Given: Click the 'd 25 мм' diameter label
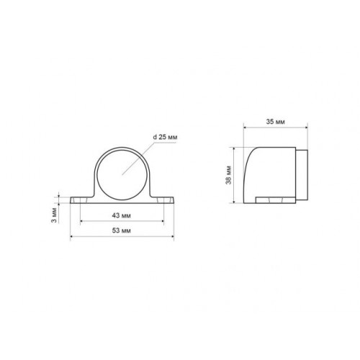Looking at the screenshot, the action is click(x=165, y=138).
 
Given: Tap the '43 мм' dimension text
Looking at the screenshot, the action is click(x=122, y=215).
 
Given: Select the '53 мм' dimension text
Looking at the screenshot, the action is click(x=122, y=230).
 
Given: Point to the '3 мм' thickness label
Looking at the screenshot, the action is click(x=55, y=215).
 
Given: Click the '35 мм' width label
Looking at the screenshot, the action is click(x=276, y=122).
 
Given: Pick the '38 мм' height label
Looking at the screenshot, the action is click(x=228, y=175).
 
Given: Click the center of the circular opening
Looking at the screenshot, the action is click(x=122, y=175).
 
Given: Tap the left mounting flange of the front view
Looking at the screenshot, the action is click(x=81, y=200).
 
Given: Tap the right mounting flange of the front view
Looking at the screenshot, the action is click(x=163, y=200).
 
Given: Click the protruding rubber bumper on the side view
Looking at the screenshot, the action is click(x=302, y=175).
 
